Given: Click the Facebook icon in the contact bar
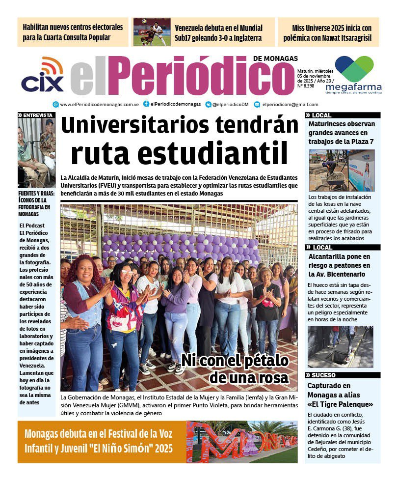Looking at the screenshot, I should click(x=146, y=104).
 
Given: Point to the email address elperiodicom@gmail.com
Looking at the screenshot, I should click(x=290, y=104).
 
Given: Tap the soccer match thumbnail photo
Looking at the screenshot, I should click(x=152, y=32).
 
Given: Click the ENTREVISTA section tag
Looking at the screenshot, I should click(x=36, y=115).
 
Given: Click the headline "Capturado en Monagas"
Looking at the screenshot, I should click(x=340, y=395).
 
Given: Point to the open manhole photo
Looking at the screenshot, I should click(x=340, y=347).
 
